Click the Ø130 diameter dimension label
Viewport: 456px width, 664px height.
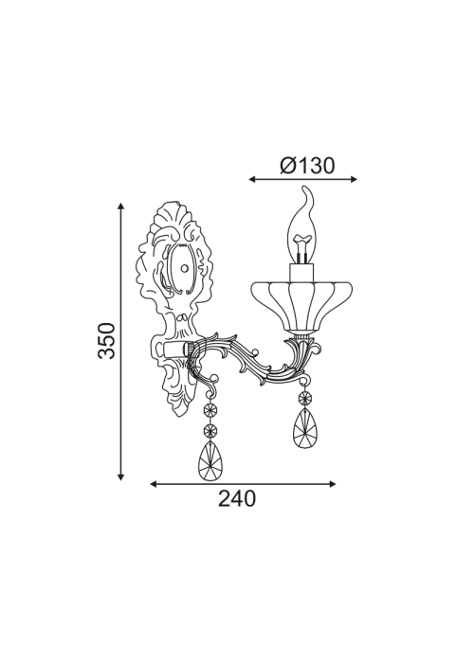307,166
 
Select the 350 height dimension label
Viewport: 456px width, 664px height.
106,340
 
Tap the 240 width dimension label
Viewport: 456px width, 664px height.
237,498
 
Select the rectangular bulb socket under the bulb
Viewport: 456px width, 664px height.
302,272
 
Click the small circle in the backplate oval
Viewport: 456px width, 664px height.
184,268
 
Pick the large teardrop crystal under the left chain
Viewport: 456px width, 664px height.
210,460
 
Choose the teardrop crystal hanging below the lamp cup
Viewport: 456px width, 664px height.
304,428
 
